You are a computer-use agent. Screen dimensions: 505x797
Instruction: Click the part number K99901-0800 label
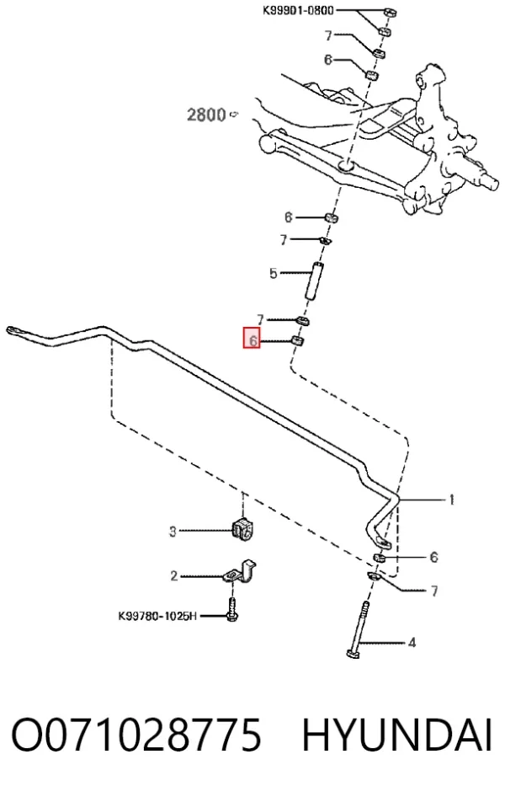298,10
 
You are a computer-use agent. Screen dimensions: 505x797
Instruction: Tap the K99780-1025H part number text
157,616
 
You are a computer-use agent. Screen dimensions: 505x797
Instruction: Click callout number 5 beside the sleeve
274,274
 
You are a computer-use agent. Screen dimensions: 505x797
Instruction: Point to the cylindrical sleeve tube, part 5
314,281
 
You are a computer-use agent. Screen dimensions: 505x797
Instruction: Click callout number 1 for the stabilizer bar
451,500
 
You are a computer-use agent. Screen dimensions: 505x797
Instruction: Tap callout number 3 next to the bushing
173,532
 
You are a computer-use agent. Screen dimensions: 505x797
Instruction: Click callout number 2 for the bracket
173,576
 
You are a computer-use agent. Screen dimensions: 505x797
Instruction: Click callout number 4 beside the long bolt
412,643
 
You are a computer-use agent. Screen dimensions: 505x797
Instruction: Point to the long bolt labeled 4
359,629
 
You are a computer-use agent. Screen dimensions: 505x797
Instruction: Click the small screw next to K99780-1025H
232,610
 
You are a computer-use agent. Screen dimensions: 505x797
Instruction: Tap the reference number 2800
206,115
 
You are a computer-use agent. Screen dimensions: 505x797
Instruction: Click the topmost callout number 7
328,35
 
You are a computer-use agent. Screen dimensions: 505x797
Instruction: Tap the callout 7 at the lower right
434,591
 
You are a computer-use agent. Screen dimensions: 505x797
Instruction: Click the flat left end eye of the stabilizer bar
14,331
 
